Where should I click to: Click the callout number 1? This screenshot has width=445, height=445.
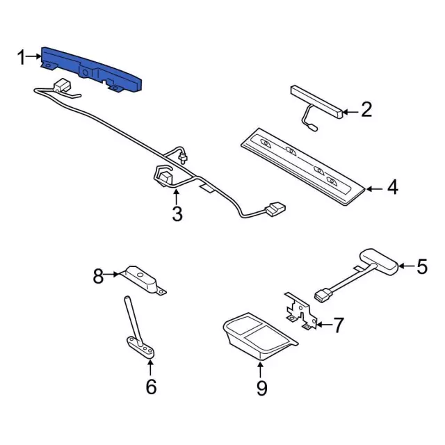[22, 57]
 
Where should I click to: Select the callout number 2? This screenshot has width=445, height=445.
[366, 110]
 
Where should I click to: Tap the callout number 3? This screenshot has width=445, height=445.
[177, 214]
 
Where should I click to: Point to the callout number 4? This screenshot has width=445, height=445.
[393, 187]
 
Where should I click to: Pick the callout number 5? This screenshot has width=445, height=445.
[422, 266]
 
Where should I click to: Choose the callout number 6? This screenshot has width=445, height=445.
[151, 387]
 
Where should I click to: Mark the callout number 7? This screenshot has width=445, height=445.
[339, 325]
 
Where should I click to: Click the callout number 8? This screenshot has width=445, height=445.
[98, 276]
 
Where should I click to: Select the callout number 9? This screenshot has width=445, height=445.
[261, 388]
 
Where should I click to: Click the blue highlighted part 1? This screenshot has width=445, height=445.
[91, 68]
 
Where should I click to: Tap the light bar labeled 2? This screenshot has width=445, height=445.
[316, 102]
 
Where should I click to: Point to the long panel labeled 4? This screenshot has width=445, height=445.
[302, 166]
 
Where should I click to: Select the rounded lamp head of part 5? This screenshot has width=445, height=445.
[379, 261]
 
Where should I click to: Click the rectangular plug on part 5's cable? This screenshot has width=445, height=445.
[322, 295]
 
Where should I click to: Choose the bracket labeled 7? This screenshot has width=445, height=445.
[300, 311]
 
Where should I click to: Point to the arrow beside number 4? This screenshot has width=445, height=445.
[375, 188]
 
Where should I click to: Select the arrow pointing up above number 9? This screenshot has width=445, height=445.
[261, 370]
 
